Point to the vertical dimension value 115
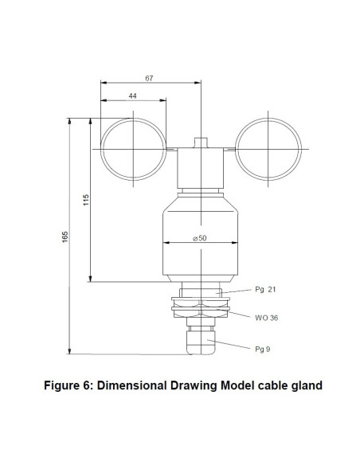pyautogui.click(x=88, y=199)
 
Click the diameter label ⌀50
pyautogui.click(x=202, y=238)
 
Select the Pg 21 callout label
pyautogui.click(x=265, y=290)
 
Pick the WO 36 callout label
pyautogui.click(x=267, y=317)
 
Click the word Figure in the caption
pyautogui.click(x=63, y=386)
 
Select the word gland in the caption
pyautogui.click(x=303, y=386)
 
